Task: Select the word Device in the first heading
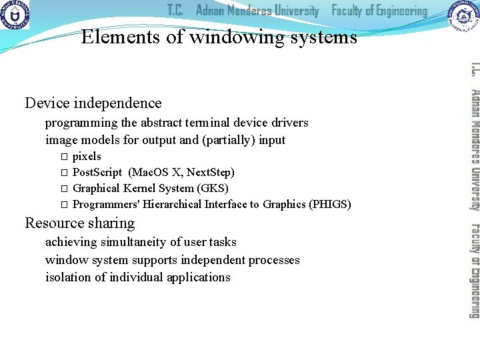tap(47, 103)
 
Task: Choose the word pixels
tap(87, 156)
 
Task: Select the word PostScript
tap(97, 172)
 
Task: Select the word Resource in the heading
tap(55, 223)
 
